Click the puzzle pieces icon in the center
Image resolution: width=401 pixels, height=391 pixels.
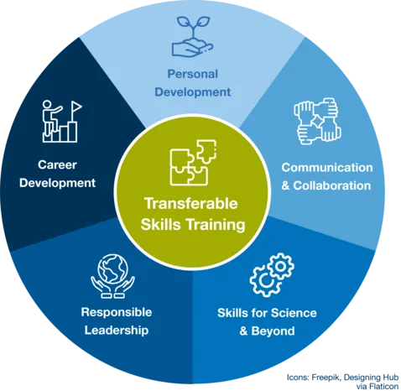pos(193,163)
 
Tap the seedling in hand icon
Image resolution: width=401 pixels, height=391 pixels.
pos(192,36)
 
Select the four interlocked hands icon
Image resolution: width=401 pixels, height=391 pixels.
pos(317,121)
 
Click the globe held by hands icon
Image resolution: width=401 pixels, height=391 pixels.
pos(113,276)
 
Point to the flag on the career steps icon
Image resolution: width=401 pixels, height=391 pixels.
pos(76,107)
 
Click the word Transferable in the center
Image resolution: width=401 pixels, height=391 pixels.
pos(191,203)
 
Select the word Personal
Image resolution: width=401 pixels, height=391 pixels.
pos(192,74)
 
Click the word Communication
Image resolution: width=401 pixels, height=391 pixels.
pos(327,168)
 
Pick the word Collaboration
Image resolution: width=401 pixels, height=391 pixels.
pos(332,185)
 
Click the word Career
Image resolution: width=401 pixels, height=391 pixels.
pos(57,164)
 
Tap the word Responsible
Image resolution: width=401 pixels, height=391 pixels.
pos(117,312)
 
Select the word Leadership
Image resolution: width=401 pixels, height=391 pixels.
pos(117,331)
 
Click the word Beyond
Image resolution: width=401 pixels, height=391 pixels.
pos(273,331)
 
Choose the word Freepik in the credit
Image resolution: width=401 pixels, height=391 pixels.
pos(326,378)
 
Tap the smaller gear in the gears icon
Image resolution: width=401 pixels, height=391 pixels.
pos(280,267)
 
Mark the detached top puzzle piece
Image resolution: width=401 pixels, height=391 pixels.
pos(206,150)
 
